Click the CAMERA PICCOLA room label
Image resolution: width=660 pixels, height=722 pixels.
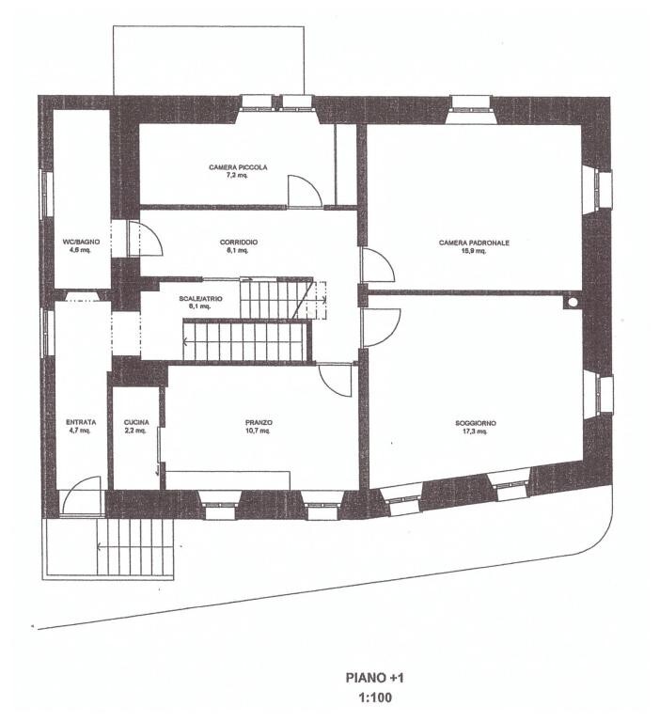point(238,167)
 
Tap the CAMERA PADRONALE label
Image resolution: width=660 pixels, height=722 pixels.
point(474,243)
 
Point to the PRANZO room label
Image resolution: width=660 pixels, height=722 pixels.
point(259,423)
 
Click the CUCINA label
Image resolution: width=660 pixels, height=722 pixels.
point(136,423)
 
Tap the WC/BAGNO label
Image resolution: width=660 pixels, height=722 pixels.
point(81,242)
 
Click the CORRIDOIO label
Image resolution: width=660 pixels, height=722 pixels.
point(239,242)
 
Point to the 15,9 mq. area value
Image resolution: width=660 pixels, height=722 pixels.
point(474,251)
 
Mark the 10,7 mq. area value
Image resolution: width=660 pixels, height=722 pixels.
point(259,432)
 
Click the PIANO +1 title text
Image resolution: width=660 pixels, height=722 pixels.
point(375,677)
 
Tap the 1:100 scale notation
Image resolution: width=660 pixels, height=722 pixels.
point(375,698)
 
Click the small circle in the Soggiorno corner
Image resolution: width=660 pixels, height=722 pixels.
point(570,303)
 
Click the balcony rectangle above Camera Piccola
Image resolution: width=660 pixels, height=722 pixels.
point(208,59)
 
